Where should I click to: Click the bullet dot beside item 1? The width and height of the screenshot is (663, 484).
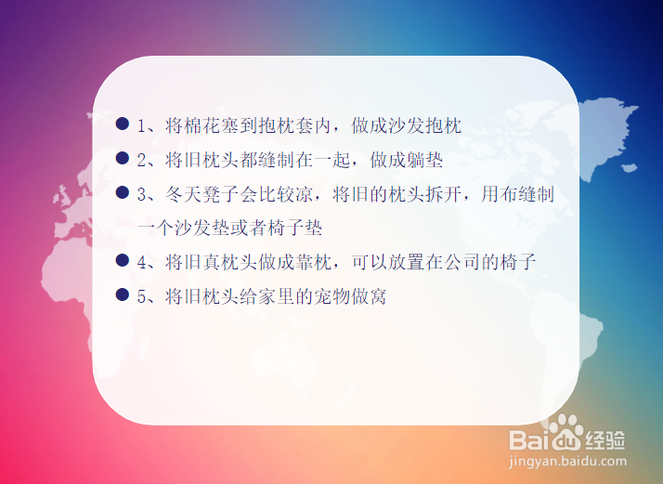point(123,124)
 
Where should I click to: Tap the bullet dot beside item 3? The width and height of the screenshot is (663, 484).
point(123,192)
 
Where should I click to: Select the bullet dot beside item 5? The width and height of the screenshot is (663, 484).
point(123,294)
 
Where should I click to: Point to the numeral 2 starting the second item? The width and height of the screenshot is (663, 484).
point(142,161)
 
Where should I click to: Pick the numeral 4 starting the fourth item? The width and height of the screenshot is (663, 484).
point(142,263)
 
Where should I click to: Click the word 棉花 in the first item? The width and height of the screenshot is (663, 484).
point(202,126)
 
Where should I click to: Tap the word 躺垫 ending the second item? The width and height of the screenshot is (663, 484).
point(425,161)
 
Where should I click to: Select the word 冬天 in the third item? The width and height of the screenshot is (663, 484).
point(184,194)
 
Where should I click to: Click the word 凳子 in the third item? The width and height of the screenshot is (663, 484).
point(221,194)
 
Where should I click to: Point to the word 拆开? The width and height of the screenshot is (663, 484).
point(444,194)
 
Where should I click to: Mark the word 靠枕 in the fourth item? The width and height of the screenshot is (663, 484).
point(314,263)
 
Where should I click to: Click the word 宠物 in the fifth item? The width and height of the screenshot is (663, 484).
point(332,296)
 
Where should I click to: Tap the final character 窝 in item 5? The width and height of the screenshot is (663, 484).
point(379,296)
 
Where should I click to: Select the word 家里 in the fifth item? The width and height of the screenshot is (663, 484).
point(277,296)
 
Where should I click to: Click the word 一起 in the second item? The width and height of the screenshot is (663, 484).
point(332,161)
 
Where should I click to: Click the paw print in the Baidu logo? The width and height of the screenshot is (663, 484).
point(562,432)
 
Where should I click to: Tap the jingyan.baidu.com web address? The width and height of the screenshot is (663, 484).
point(567,462)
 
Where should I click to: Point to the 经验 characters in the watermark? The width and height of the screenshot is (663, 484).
point(605,440)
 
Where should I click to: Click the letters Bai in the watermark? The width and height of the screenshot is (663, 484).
point(527,439)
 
